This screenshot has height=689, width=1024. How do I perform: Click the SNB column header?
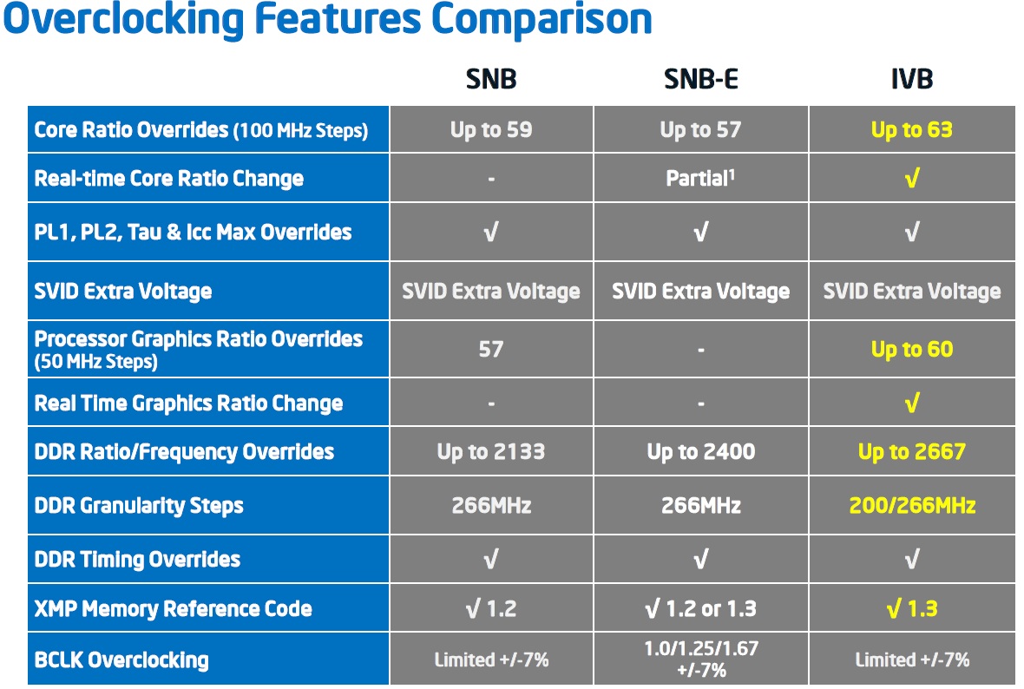click(491, 79)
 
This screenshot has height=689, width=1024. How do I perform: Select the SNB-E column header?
click(700, 79)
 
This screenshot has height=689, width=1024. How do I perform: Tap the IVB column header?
click(912, 79)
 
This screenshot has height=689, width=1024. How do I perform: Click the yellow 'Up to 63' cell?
click(912, 130)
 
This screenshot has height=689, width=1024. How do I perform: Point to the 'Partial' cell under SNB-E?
click(700, 178)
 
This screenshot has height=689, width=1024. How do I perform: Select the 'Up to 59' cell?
click(491, 130)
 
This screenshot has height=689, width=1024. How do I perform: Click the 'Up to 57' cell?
click(700, 130)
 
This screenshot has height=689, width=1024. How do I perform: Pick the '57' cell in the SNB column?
click(491, 350)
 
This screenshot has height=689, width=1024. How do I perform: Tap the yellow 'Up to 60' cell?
click(912, 350)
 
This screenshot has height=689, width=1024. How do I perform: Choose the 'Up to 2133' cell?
click(491, 451)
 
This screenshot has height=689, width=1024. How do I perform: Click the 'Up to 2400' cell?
click(700, 451)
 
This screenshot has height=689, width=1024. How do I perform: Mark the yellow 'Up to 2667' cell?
click(912, 451)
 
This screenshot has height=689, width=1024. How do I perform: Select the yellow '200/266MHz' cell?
click(912, 505)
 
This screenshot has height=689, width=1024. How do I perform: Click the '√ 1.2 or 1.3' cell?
click(700, 608)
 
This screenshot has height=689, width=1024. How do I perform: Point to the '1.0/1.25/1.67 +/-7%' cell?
click(700, 659)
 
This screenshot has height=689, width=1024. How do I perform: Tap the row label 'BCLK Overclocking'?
click(121, 659)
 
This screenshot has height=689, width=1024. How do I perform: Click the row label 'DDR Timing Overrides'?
click(137, 559)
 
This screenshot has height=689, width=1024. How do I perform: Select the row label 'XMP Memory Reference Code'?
click(173, 608)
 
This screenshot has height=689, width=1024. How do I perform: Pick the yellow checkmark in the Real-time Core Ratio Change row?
click(912, 178)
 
